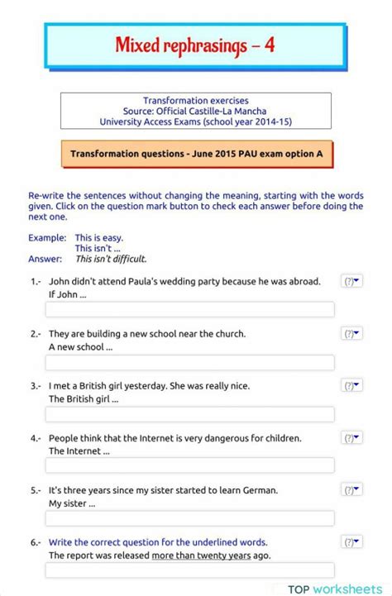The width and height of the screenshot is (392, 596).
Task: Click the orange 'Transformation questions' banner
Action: coord(196,154)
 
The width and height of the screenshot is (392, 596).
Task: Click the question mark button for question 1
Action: coord(351,282)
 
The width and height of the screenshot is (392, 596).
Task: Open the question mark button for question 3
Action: coord(351,386)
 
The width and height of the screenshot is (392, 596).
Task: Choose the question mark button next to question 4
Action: coord(351,438)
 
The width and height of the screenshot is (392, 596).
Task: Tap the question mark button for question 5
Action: coord(351,490)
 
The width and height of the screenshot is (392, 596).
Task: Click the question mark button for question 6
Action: coord(351,542)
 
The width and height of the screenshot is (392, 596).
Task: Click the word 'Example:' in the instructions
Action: coord(47,237)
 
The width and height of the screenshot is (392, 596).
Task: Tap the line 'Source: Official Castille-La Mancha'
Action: coord(195,111)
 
